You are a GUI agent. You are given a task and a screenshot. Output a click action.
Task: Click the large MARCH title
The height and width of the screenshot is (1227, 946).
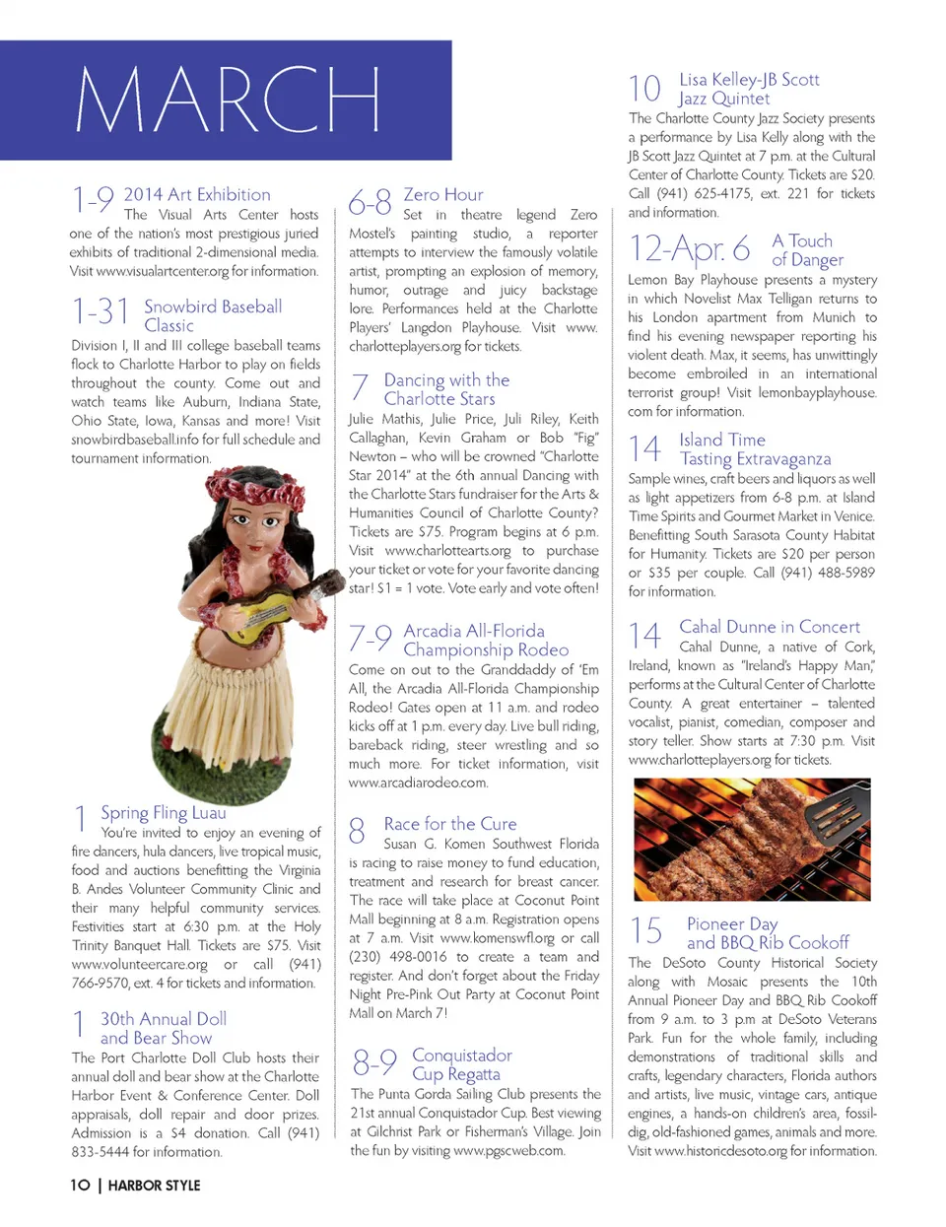pos(228,100)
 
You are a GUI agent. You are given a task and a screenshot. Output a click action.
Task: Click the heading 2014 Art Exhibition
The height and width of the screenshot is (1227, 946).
pos(196,195)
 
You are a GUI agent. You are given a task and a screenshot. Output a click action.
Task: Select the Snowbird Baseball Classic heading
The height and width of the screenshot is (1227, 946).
pos(212,315)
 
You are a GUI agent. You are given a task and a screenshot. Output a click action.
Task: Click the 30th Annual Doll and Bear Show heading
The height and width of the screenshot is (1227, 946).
pos(163,1028)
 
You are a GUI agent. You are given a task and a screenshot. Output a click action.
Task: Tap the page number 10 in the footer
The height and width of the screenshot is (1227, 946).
pos(80,1185)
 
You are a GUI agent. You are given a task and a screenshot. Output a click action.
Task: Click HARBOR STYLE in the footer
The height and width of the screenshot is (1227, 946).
pos(154,1185)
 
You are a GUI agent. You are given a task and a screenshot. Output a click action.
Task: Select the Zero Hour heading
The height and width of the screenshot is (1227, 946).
pos(443,195)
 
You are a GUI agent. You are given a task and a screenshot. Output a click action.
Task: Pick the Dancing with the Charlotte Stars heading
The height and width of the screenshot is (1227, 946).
pos(445,389)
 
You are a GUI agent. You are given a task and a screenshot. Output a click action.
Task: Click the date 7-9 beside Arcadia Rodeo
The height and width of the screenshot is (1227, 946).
pos(371,639)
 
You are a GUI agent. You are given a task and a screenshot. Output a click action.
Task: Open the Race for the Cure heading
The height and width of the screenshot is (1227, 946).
pos(449,824)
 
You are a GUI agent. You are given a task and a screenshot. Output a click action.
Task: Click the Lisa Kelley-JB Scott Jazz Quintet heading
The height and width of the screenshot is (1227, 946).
pos(748,89)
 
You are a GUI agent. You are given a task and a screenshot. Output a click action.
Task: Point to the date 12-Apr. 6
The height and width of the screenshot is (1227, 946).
pos(690,248)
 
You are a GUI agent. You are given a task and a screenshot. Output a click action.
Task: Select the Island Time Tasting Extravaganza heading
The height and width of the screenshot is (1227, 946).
pos(754,449)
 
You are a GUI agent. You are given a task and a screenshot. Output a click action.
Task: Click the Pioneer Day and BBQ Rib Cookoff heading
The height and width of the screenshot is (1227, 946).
pos(767,933)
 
